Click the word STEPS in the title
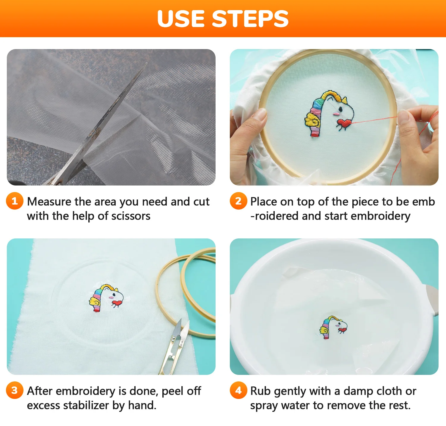click(250, 19)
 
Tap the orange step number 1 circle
click(15, 201)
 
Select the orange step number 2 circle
click(238, 201)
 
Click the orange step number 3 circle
click(15, 390)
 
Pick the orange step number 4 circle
click(238, 390)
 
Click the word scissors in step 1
click(131, 216)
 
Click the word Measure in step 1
click(49, 202)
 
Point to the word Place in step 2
click(264, 202)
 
